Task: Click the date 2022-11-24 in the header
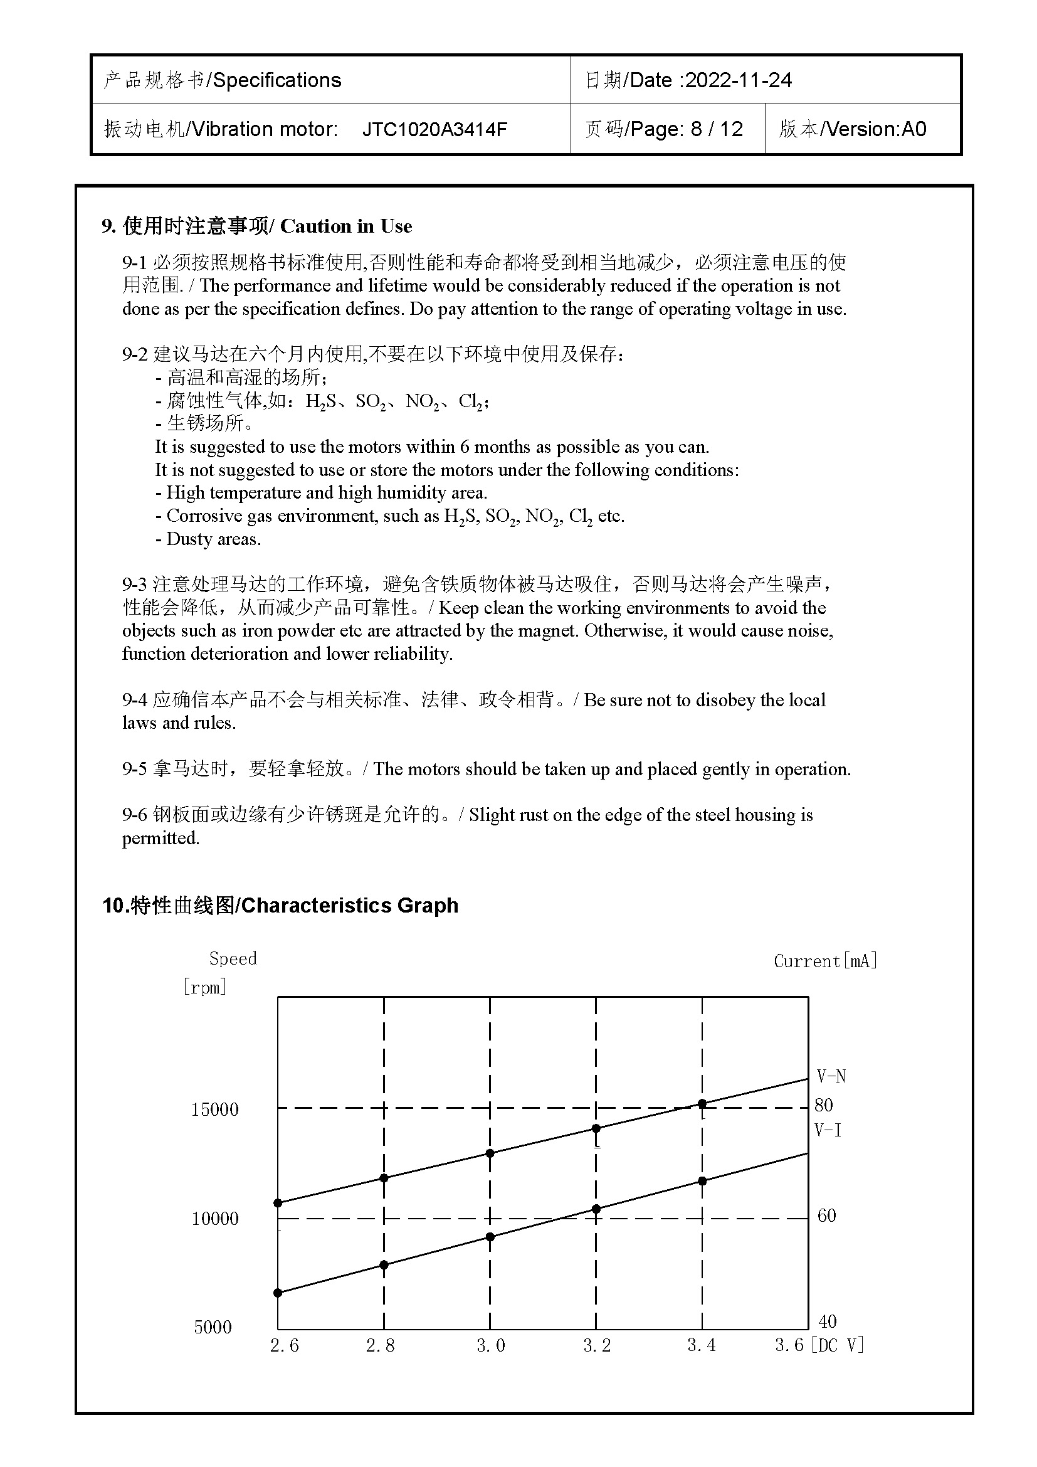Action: point(738,80)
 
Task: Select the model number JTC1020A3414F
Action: point(434,129)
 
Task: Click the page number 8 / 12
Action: point(717,129)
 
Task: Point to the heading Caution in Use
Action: point(345,226)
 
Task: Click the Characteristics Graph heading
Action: point(349,906)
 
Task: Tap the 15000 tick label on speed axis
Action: point(214,1110)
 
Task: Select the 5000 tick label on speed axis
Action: point(213,1327)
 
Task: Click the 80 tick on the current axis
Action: point(823,1105)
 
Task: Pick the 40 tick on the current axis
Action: point(827,1321)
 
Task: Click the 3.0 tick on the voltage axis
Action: point(490,1345)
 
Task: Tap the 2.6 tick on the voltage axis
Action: point(284,1345)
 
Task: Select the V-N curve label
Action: point(831,1077)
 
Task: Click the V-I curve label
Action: point(828,1130)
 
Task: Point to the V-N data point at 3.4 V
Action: point(702,1104)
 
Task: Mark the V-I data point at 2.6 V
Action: point(278,1293)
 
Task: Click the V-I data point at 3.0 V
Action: point(490,1237)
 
